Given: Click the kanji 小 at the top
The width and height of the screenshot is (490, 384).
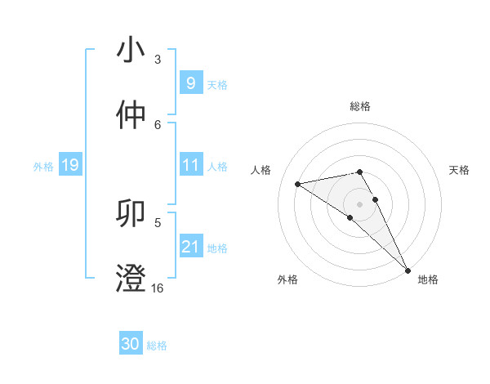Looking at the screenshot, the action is tap(131, 50).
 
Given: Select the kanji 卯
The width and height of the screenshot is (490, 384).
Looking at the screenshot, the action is tap(131, 214).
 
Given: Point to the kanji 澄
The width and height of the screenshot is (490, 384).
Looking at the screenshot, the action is tap(131, 278).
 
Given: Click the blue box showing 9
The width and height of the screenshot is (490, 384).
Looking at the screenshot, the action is tap(190, 83).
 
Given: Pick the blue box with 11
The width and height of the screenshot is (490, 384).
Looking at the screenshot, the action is tap(190, 165).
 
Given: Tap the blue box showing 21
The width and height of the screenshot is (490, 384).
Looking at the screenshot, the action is tap(190, 247).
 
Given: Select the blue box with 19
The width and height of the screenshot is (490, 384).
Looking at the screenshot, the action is tap(69, 166).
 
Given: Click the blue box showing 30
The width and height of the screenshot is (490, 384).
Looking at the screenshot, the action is tap(131, 344).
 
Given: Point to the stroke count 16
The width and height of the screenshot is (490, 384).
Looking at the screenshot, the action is tap(157, 288).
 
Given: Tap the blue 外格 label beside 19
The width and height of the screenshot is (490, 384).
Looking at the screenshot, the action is tap(43, 167).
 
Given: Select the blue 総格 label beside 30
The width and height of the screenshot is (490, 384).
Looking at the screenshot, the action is tap(157, 346).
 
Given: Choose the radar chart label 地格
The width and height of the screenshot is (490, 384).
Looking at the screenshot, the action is tap(428, 279).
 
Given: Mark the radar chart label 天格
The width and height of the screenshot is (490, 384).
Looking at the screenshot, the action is tap(460, 170).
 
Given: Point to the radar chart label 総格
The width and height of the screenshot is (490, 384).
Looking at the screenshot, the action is tap(360, 106).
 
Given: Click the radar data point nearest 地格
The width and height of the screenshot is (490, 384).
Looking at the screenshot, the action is tap(408, 270).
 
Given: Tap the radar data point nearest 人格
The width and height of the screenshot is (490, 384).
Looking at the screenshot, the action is tap(298, 184).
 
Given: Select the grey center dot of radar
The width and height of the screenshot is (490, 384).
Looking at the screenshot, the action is tap(360, 203).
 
